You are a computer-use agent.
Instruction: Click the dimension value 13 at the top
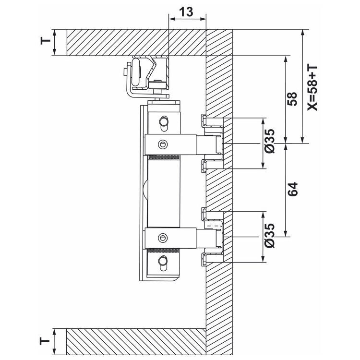pos(186,12)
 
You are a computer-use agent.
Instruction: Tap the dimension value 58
pos(292,99)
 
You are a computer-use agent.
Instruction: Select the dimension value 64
pos(292,190)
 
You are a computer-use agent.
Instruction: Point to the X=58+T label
pos(312,88)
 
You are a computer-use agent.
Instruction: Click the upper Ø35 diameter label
pos(269,141)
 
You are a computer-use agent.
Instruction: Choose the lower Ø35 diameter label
pos(269,235)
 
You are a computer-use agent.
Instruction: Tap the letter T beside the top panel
pos(46,41)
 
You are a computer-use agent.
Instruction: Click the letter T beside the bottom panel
pos(45,341)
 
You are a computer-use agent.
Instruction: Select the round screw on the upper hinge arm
pos(163,144)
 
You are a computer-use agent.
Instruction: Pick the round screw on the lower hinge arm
pos(163,238)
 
